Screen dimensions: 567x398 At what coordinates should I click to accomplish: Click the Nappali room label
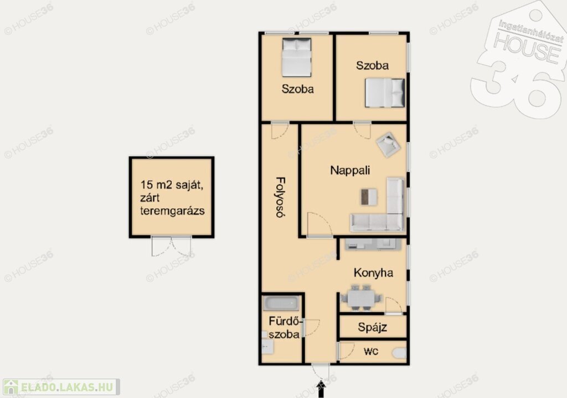click(x=350, y=170)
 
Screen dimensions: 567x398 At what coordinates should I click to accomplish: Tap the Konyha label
click(x=373, y=273)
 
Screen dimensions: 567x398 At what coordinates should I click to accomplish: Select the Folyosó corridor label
click(x=281, y=197)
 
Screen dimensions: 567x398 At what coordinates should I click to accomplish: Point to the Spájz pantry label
click(x=373, y=328)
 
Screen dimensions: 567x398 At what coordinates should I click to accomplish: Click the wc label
click(x=371, y=351)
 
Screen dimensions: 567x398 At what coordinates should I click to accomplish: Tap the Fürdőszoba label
click(x=285, y=328)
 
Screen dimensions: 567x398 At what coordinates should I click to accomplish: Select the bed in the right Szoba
click(x=385, y=93)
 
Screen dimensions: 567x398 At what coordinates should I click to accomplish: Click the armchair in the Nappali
click(x=388, y=144)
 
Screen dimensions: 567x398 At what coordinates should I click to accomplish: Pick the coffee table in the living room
click(x=369, y=197)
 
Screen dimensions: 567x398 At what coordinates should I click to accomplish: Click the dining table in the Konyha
click(x=360, y=298)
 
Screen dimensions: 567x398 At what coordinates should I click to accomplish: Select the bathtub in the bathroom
click(x=281, y=303)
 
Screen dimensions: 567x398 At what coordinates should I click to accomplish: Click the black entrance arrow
click(x=321, y=389)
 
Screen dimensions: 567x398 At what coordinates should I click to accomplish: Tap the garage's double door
click(x=172, y=246)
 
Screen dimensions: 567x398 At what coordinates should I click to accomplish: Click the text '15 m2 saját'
click(x=172, y=185)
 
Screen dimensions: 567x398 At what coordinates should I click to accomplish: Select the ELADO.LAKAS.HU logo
click(x=61, y=387)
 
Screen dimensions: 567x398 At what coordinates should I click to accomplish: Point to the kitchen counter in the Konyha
click(x=373, y=244)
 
